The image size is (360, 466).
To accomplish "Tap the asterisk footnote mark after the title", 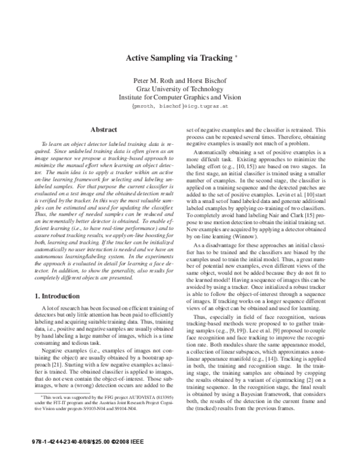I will tap(236, 56).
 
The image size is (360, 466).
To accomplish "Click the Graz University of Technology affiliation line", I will tap(179, 89).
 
